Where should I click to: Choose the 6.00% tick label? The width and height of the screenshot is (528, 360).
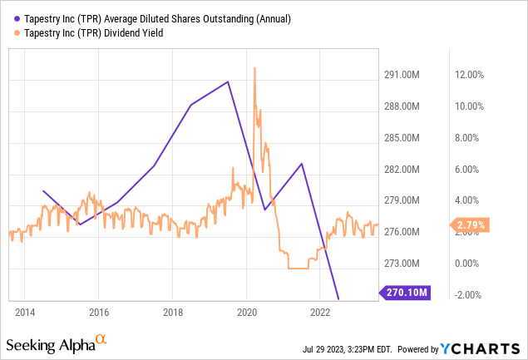468,170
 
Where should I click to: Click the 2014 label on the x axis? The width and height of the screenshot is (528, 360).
25,312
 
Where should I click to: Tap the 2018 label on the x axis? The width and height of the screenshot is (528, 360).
173,312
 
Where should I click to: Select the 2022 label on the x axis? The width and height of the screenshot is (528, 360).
321,312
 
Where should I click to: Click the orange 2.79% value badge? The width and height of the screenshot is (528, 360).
469,224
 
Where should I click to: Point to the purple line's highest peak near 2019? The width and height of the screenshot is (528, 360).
228,81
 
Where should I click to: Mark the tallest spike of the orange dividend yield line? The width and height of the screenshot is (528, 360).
254,67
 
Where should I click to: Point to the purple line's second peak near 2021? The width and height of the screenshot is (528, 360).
302,164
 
